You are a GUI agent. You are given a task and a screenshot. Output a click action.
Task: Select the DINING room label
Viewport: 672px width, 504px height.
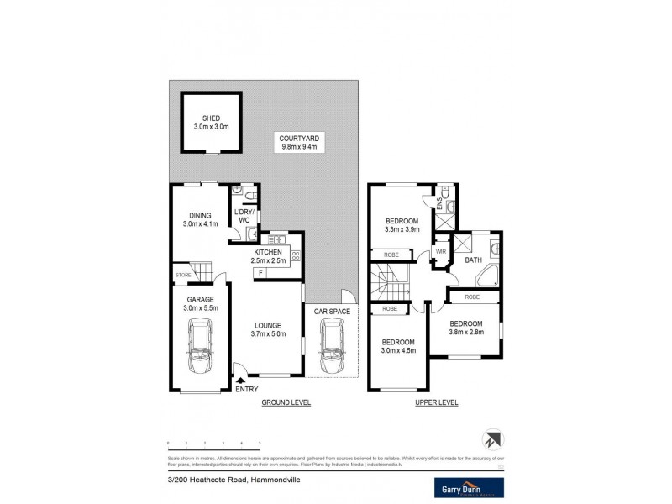tap(200, 220)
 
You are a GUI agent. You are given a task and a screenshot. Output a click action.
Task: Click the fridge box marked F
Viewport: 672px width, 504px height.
tap(261, 273)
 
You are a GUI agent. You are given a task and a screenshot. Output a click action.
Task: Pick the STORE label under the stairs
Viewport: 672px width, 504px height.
tap(183, 274)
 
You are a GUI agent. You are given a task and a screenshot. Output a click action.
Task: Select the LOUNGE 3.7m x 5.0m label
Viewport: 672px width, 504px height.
tap(268, 330)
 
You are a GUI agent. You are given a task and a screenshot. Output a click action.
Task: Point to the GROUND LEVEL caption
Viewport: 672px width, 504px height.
tap(286, 403)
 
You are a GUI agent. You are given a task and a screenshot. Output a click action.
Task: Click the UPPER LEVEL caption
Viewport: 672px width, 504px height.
tap(437, 403)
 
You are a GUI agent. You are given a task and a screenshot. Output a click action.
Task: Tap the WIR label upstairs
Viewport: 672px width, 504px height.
tap(441, 251)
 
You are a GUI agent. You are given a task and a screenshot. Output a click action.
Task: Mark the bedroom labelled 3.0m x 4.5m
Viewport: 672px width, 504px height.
tap(399, 347)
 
